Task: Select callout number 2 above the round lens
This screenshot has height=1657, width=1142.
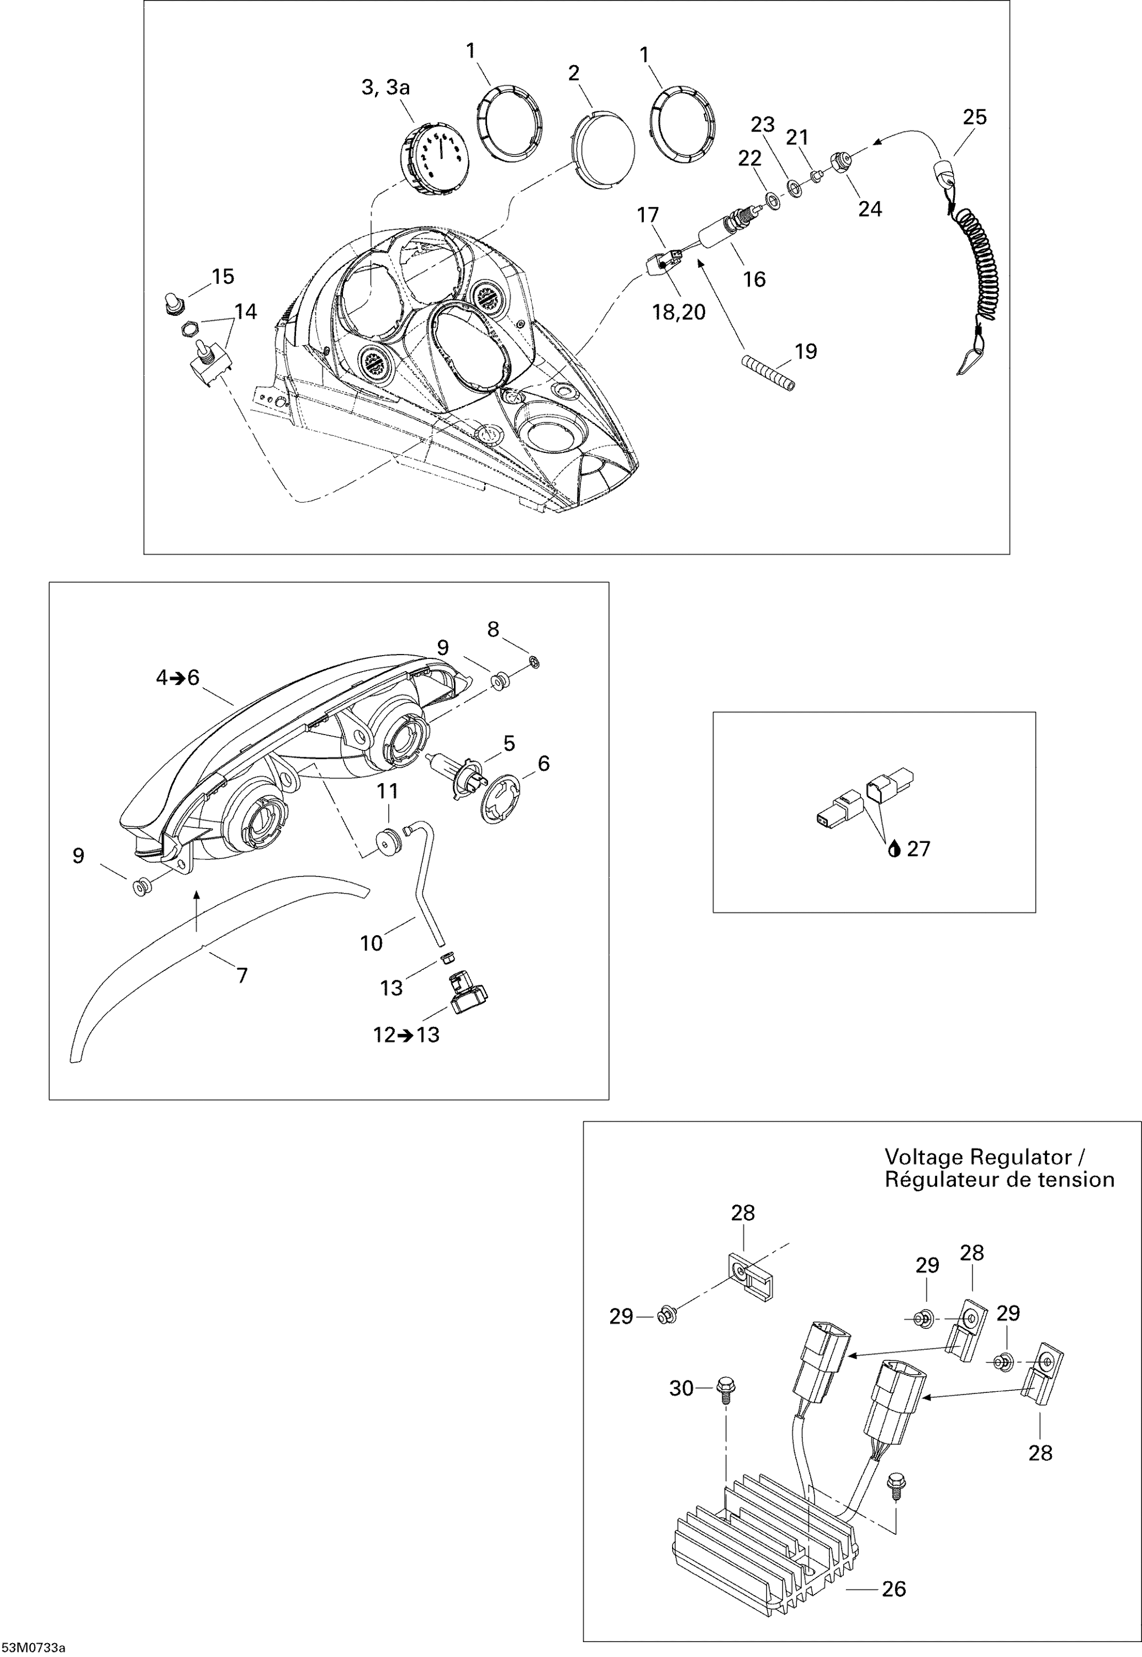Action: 574,73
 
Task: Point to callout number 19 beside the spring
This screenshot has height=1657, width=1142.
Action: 806,351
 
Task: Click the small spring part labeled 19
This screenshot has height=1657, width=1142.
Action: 767,374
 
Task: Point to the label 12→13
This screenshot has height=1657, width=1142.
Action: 406,1035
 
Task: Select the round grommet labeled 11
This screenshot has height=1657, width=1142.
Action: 389,842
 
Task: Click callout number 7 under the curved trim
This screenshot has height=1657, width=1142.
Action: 242,975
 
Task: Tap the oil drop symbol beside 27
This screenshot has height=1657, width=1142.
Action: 893,850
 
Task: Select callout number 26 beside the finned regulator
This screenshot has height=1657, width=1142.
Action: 893,1589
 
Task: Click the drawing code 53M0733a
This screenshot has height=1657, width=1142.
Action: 33,1648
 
